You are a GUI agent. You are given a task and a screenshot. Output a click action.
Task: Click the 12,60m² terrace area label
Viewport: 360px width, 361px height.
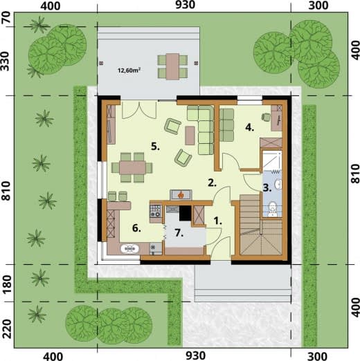pyautogui.click(x=129, y=70)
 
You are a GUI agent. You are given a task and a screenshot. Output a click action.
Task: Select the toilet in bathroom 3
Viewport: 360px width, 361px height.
pyautogui.click(x=273, y=209)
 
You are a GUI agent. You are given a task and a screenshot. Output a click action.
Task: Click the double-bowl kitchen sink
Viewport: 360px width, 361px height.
pyautogui.click(x=129, y=249)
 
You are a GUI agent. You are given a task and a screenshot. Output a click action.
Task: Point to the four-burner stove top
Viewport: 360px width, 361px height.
pyautogui.click(x=155, y=211)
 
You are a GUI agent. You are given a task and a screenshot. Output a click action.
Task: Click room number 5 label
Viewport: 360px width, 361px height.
pyautogui.click(x=155, y=146)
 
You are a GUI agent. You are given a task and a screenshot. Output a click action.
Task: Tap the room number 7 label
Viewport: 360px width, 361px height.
pyautogui.click(x=179, y=233)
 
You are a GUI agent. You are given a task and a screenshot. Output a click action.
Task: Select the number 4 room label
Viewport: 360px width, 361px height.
pyautogui.click(x=249, y=127)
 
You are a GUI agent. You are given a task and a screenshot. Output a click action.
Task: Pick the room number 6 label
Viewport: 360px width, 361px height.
pyautogui.click(x=136, y=228)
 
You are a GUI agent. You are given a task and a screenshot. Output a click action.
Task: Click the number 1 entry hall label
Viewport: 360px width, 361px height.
pyautogui.click(x=217, y=221)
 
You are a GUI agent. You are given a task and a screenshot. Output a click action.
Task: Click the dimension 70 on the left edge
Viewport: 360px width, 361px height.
pyautogui.click(x=6, y=17)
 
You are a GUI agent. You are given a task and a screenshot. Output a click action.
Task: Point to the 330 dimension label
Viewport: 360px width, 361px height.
pyautogui.click(x=6, y=61)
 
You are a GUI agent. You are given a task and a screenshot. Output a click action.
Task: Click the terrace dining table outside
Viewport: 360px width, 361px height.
pyautogui.click(x=172, y=66)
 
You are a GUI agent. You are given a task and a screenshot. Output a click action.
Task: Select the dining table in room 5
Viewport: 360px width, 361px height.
pyautogui.click(x=132, y=167)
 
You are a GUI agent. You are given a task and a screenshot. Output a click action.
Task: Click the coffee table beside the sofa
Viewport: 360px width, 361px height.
pyautogui.click(x=190, y=136)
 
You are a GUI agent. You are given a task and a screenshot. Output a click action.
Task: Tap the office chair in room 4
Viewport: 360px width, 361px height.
pyautogui.click(x=266, y=117)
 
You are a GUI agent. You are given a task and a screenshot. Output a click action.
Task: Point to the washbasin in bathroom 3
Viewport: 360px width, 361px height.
pyautogui.click(x=278, y=184)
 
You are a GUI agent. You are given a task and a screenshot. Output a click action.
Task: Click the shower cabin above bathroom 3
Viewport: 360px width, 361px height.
pyautogui.click(x=272, y=160)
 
